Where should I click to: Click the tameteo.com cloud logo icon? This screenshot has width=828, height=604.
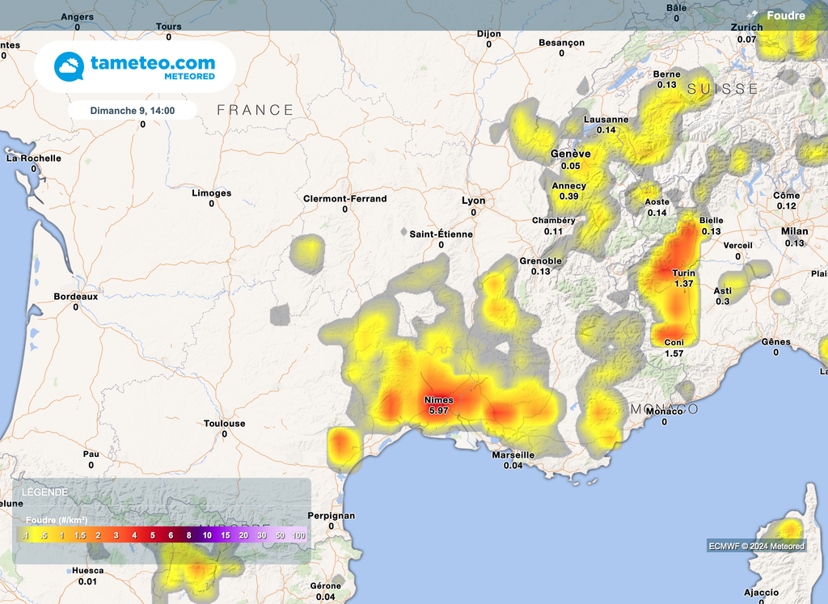[69, 67]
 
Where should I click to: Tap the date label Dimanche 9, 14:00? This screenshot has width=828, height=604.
[132, 110]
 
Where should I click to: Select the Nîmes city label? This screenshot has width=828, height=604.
[439, 400]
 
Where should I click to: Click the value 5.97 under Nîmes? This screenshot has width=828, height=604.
[437, 411]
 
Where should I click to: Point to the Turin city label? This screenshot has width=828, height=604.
[683, 273]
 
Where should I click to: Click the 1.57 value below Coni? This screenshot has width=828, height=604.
[674, 354]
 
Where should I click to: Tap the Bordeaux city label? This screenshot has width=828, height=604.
[75, 297]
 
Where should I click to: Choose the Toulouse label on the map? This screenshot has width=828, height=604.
[224, 424]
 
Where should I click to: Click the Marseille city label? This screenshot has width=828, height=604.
[513, 455]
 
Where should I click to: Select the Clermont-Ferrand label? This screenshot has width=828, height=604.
[344, 199]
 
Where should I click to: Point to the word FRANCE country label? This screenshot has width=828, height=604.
[255, 110]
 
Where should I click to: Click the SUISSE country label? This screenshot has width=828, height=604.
[723, 89]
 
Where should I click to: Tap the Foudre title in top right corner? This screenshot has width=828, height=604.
[784, 15]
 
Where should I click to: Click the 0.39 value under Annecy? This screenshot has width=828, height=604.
[568, 196]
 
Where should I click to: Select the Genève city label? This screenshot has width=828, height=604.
[570, 154]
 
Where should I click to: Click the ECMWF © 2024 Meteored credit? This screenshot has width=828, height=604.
[756, 547]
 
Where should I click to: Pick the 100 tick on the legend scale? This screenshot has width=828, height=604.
[298, 535]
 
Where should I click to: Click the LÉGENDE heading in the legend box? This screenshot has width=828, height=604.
[44, 492]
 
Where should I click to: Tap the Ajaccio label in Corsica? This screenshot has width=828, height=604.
[761, 593]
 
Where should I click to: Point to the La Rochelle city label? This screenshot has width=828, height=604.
[33, 158]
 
